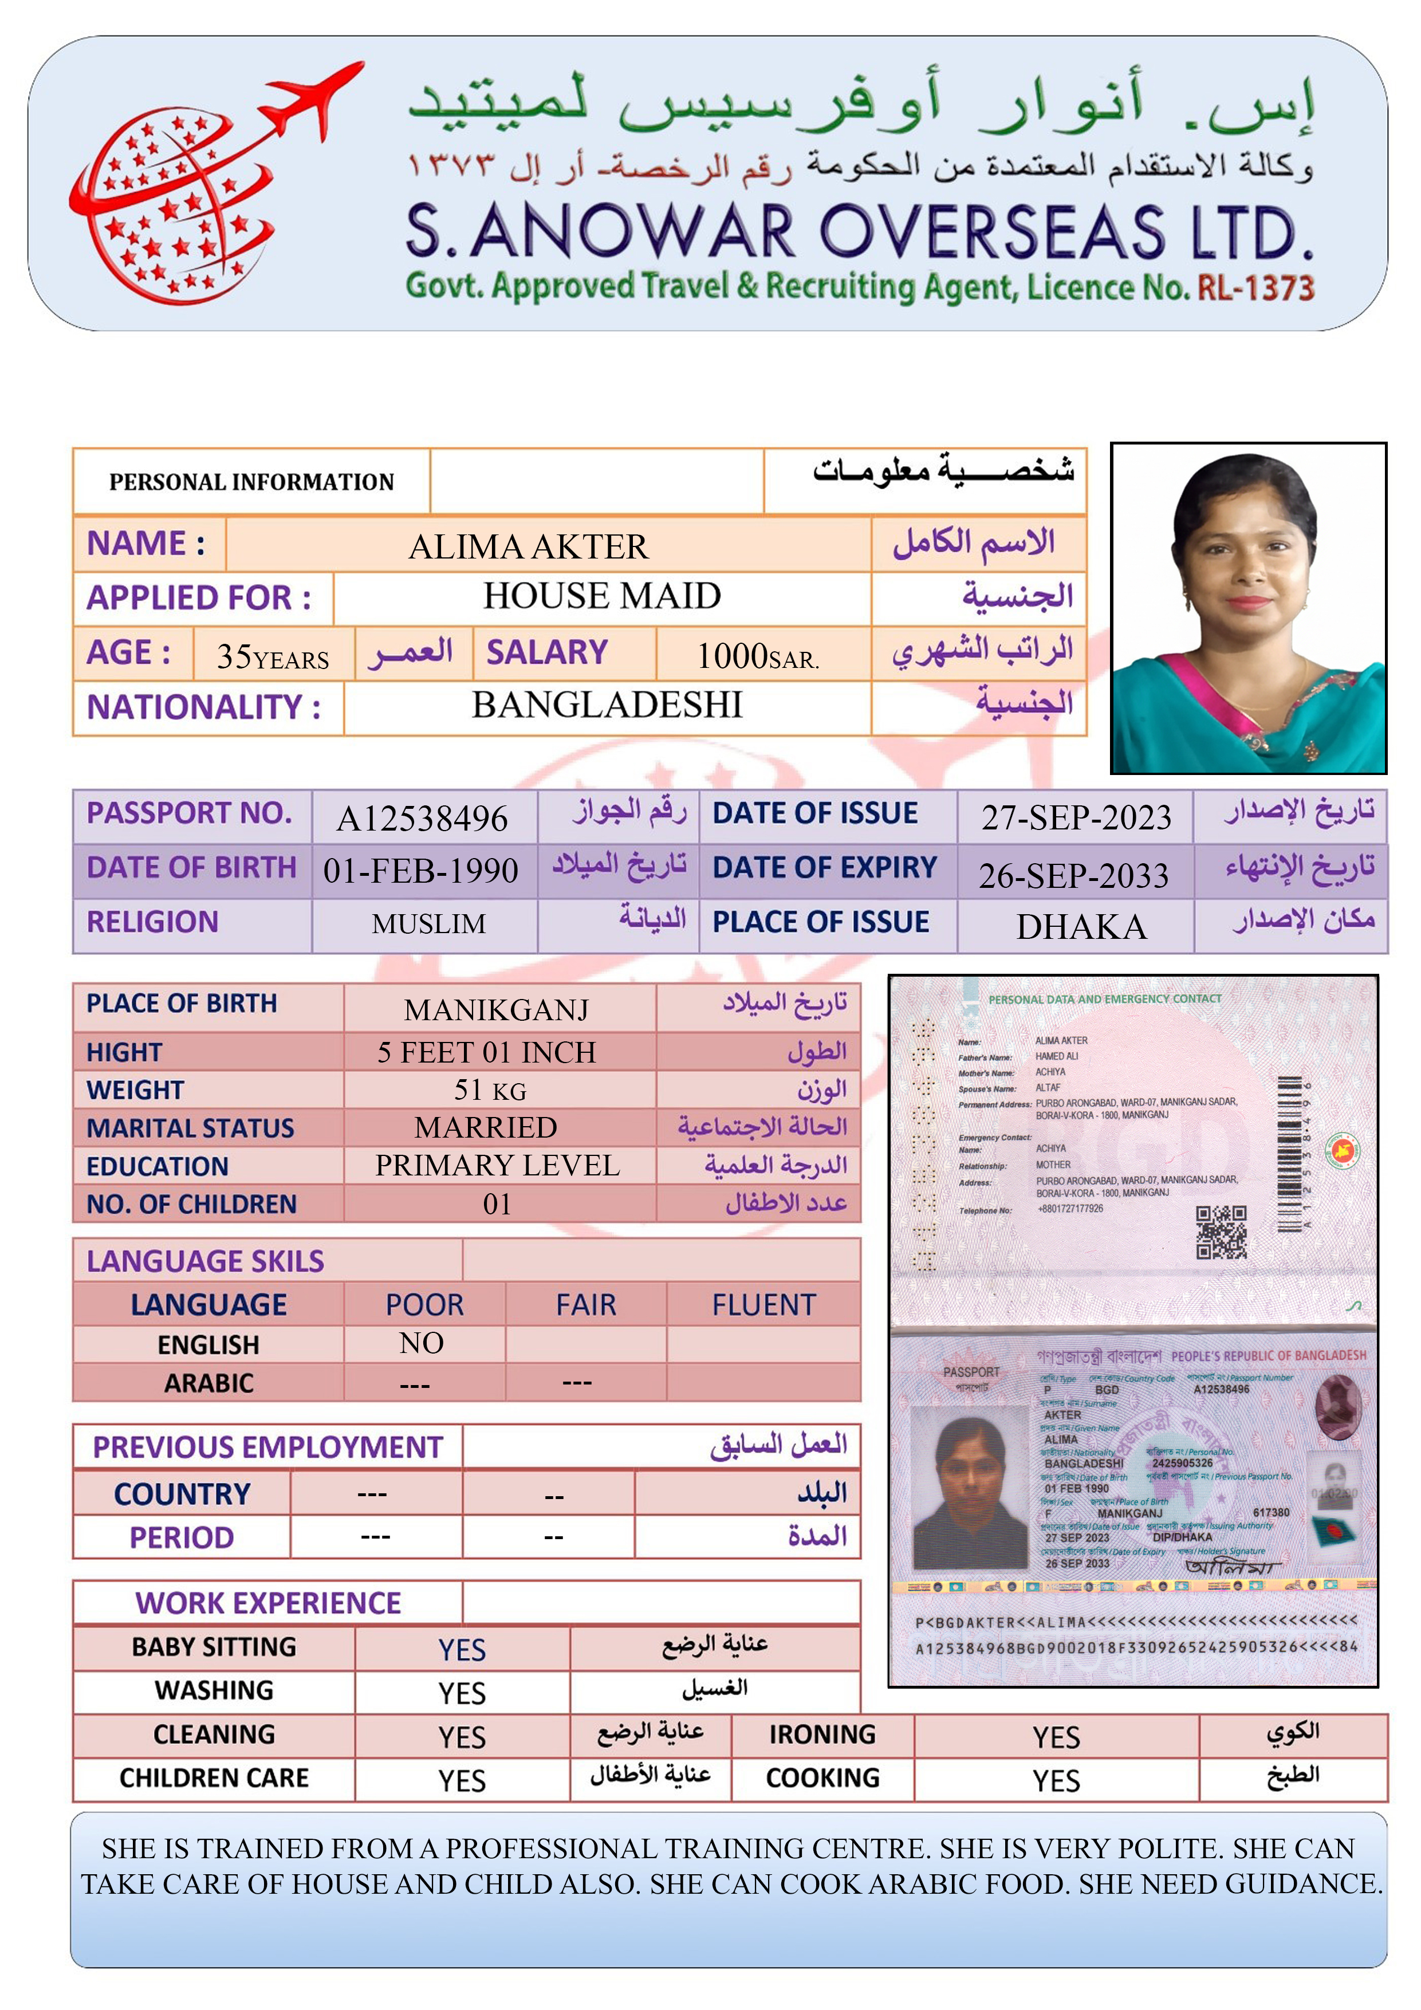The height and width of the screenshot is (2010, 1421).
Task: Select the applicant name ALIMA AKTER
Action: [x=528, y=547]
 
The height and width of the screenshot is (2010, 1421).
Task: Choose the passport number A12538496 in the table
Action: [x=422, y=819]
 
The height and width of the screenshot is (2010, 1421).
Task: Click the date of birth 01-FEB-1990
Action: [x=420, y=871]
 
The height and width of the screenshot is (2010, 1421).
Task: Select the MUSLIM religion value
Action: [x=428, y=923]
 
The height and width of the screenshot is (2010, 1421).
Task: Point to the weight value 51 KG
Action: [x=490, y=1090]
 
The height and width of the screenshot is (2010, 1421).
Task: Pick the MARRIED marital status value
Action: [x=486, y=1127]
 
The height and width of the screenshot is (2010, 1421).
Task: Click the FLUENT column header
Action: [x=763, y=1305]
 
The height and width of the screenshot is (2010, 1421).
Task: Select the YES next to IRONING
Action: [x=1056, y=1737]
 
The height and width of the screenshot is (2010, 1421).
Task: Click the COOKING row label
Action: [x=822, y=1778]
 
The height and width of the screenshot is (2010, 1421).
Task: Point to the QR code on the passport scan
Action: [x=1221, y=1232]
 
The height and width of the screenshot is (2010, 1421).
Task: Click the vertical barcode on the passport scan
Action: [x=1289, y=1153]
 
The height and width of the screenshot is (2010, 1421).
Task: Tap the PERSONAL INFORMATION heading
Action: [x=251, y=482]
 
